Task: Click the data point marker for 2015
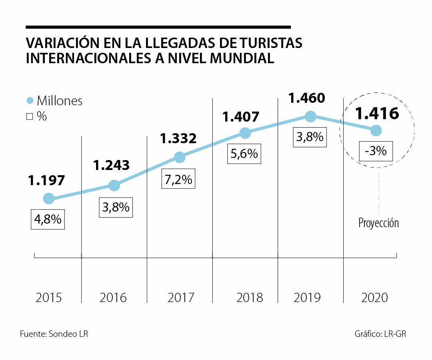coord(48,198)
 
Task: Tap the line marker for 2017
coord(180,157)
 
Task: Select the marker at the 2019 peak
coord(310,116)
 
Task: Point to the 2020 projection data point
coord(376,130)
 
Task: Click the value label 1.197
coord(46,181)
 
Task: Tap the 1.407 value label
coord(241,117)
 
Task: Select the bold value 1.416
coord(377,114)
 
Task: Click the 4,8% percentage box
coord(48,219)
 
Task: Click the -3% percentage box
coord(376,151)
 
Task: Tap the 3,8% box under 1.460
coord(310,137)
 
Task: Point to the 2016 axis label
coord(113,298)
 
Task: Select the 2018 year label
coord(250,298)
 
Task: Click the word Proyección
coord(378,223)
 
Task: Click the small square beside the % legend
coord(29,117)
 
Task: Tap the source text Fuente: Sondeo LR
coord(54,334)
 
